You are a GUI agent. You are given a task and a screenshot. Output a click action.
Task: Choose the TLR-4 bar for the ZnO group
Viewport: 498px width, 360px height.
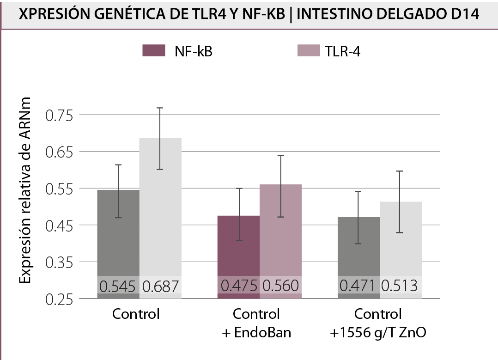pyautogui.click(x=401, y=240)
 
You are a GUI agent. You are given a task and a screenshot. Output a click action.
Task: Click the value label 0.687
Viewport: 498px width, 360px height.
pyautogui.click(x=160, y=287)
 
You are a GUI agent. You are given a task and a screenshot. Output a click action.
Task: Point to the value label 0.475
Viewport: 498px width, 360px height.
pyautogui.click(x=238, y=286)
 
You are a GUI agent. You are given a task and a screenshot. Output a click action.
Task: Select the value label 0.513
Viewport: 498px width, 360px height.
pyautogui.click(x=401, y=286)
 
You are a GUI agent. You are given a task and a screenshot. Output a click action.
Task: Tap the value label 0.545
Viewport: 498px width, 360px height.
pyautogui.click(x=118, y=287)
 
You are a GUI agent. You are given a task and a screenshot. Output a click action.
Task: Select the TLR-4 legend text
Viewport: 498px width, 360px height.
pyautogui.click(x=342, y=51)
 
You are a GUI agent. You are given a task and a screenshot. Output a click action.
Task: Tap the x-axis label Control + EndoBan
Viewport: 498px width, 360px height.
pyautogui.click(x=256, y=323)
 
